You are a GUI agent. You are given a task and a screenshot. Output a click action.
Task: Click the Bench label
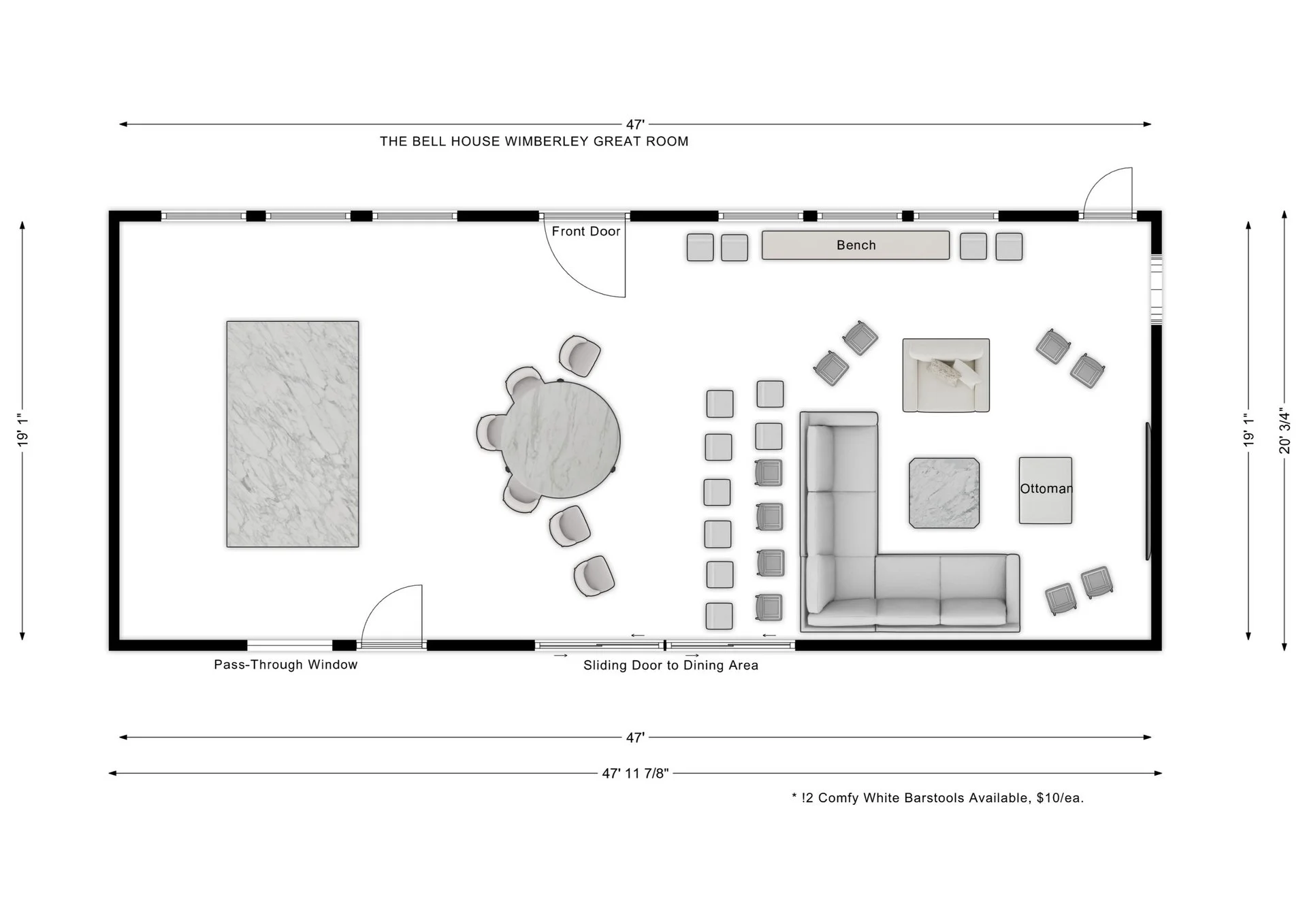(x=856, y=245)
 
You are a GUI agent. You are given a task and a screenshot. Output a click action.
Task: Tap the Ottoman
(x=1045, y=490)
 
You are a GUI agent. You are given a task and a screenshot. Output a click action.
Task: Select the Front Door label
(x=585, y=231)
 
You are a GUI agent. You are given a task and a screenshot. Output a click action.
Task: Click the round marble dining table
(x=560, y=439)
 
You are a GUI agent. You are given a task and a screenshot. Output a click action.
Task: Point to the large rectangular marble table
(x=293, y=434)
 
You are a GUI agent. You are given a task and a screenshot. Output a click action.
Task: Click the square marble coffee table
(x=944, y=493)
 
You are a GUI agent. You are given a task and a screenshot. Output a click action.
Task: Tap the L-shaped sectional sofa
(x=844, y=544)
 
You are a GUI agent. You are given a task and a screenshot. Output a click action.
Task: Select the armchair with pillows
(x=946, y=375)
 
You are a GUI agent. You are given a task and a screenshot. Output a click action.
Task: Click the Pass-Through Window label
(x=285, y=665)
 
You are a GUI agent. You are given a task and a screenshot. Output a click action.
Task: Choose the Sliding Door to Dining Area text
(x=671, y=665)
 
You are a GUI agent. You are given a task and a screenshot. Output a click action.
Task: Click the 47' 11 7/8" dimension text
(x=635, y=773)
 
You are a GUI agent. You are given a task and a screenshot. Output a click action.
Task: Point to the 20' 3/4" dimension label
(x=1285, y=431)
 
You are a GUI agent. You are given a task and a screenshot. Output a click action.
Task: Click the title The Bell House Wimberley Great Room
(x=534, y=142)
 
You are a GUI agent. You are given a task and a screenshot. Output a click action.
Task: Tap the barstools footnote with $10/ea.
(x=937, y=798)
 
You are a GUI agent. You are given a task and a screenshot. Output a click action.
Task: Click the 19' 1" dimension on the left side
(x=22, y=431)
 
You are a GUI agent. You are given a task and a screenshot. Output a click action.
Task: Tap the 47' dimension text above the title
(x=635, y=125)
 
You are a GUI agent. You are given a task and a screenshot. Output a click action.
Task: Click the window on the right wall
(x=1156, y=288)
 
